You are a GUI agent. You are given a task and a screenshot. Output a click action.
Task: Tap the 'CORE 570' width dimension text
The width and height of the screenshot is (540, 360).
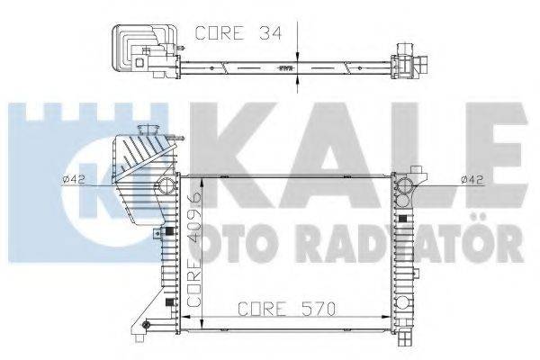click(x=287, y=309)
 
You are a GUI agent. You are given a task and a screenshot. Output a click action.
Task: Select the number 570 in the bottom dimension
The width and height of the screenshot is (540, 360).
click(x=319, y=309)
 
